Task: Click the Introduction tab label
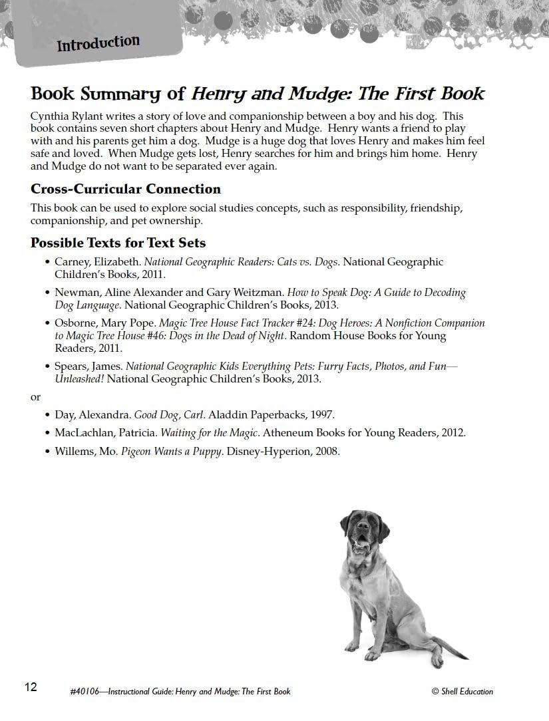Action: (98, 45)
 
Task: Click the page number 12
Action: (31, 687)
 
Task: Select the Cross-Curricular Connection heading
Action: (126, 189)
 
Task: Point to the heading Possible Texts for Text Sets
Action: (118, 243)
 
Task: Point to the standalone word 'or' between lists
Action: (35, 397)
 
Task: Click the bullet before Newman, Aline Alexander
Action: (47, 293)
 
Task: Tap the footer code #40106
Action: (84, 692)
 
